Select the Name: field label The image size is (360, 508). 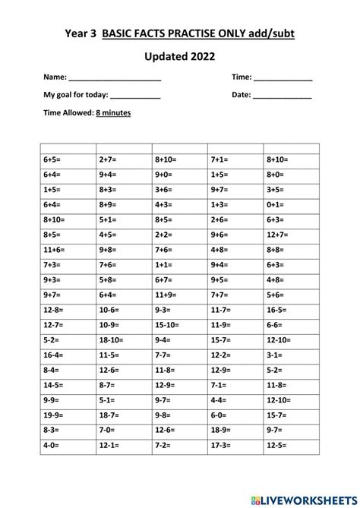(x=55, y=77)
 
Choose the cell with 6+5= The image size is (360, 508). (x=52, y=160)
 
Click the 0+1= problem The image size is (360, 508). (x=275, y=204)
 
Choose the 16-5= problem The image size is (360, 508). (x=276, y=309)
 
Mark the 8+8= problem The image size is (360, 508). (x=275, y=249)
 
